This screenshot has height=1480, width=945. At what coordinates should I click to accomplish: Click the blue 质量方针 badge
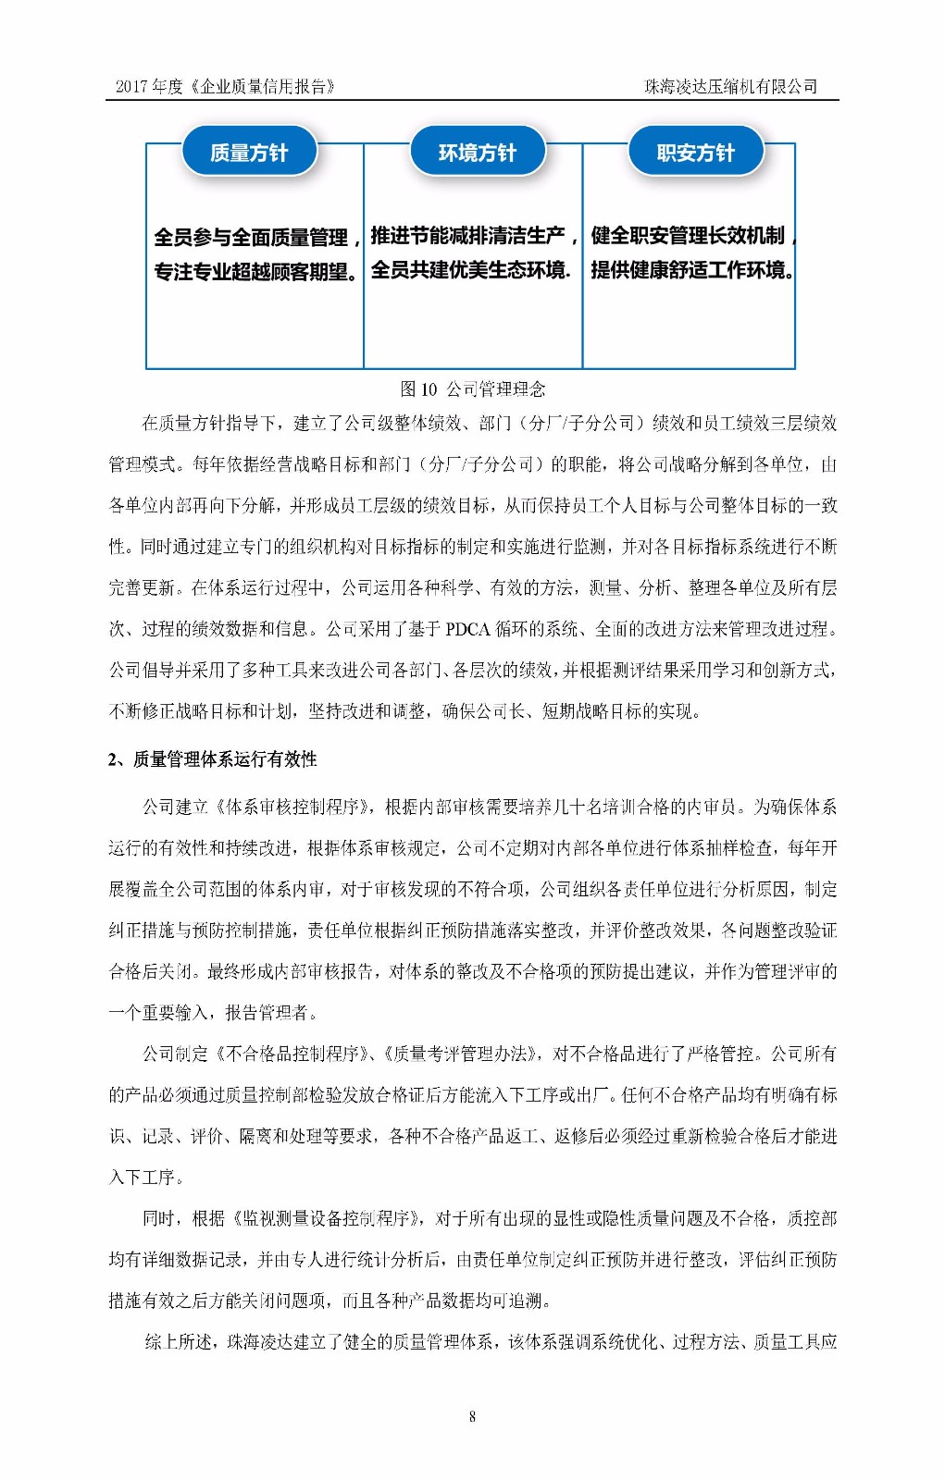249,153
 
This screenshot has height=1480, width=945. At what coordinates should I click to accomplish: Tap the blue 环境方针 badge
477,153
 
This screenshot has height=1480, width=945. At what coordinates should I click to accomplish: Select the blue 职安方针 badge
696,153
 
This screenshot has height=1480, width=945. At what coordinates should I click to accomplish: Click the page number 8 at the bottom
473,1416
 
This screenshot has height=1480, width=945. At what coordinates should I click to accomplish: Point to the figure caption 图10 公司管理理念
472,388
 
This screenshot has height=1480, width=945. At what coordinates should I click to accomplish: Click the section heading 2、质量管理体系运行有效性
213,759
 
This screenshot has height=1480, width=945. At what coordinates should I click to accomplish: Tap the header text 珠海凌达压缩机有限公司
731,86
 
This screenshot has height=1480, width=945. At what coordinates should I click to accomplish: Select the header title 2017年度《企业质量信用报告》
224,86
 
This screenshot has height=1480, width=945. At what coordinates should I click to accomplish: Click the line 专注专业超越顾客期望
255,272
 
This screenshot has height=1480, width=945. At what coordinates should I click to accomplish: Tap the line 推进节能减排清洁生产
471,236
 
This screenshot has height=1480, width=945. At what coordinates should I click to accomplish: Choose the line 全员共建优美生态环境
469,270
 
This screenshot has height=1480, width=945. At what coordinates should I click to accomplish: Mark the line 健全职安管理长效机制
690,236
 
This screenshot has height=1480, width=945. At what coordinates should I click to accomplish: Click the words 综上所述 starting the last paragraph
177,1341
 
